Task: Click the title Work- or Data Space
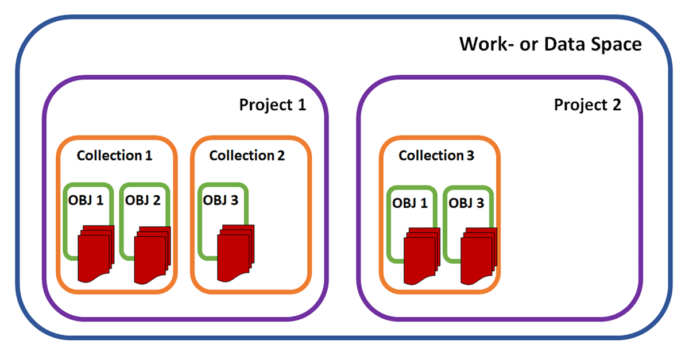click(x=550, y=44)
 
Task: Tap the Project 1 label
click(x=272, y=105)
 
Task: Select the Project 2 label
click(x=587, y=105)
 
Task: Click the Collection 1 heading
click(x=115, y=156)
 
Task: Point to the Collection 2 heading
click(x=247, y=156)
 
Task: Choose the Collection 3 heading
click(x=436, y=156)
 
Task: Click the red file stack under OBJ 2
click(x=152, y=256)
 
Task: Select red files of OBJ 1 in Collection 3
click(x=421, y=257)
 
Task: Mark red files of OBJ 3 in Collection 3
click(x=478, y=257)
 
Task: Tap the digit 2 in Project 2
click(x=616, y=105)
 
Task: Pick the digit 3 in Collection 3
click(x=470, y=156)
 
